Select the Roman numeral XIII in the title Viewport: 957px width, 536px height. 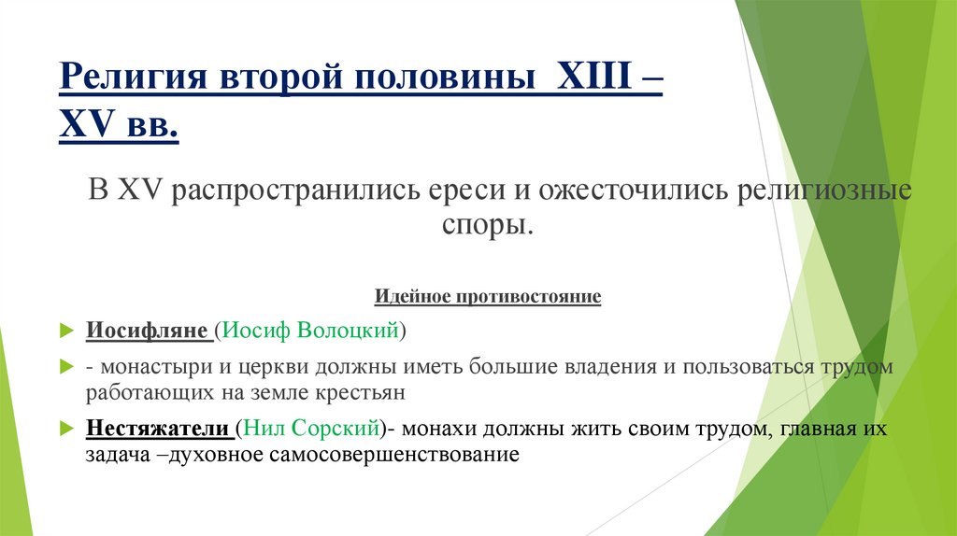(x=592, y=77)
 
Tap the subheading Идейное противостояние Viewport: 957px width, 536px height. (x=488, y=298)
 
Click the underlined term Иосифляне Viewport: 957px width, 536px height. (x=148, y=331)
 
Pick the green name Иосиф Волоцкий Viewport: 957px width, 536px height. (x=312, y=331)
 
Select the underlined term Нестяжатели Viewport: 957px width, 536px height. (x=159, y=429)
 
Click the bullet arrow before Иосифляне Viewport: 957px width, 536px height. (x=65, y=331)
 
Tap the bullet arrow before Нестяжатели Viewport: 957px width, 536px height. (x=65, y=430)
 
